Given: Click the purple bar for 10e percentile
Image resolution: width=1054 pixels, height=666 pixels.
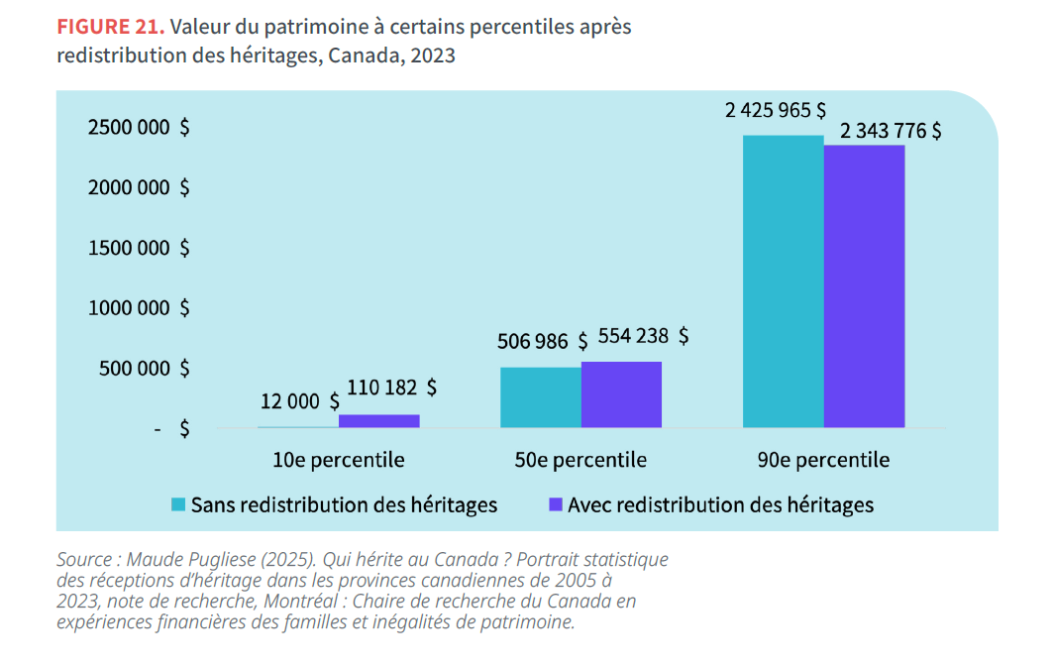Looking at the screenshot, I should (378, 421).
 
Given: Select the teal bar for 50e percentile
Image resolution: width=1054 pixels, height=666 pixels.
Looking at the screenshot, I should (540, 397).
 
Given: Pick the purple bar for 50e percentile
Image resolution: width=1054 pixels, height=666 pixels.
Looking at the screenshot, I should (621, 394).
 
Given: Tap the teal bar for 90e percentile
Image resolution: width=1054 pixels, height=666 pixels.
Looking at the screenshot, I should (783, 281).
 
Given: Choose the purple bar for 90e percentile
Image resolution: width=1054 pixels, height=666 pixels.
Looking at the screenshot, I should (864, 286).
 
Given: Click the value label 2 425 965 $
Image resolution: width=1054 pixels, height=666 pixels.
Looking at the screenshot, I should (776, 110).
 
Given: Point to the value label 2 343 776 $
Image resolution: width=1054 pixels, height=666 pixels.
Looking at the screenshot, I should (891, 131).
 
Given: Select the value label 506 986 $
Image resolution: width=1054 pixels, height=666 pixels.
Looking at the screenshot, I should (544, 342).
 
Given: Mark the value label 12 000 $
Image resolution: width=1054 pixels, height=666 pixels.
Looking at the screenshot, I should (300, 401).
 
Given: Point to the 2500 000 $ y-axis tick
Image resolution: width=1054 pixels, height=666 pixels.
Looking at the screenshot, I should (139, 127).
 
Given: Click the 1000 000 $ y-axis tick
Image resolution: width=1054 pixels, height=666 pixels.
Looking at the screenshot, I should (139, 308).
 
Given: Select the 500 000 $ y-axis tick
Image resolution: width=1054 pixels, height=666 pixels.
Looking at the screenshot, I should (144, 369).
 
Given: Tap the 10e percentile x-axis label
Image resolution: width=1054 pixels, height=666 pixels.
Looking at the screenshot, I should (339, 460).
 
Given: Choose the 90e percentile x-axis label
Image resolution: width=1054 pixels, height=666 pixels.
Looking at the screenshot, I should (823, 460).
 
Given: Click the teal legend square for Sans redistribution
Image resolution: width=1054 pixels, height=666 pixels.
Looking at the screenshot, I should (178, 504).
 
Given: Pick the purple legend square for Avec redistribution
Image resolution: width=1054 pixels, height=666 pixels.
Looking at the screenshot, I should (556, 504).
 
